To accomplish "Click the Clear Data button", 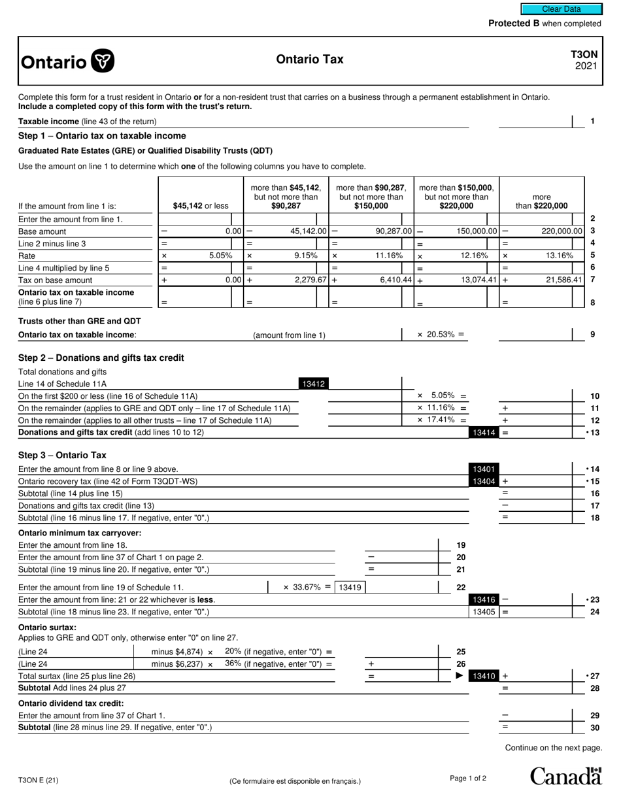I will click(x=561, y=9).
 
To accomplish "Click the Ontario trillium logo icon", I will click(x=103, y=61).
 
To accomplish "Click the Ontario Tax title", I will click(x=309, y=59).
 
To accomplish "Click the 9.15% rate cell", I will click(x=306, y=256).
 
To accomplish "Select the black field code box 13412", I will click(x=313, y=384).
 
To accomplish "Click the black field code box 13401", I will click(x=483, y=469).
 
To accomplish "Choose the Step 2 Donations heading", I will click(x=101, y=358).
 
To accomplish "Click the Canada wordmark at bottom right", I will click(x=565, y=776).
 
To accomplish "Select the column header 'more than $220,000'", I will click(x=541, y=201).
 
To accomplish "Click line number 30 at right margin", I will click(x=594, y=728).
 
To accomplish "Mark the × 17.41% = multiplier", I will click(x=442, y=420).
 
